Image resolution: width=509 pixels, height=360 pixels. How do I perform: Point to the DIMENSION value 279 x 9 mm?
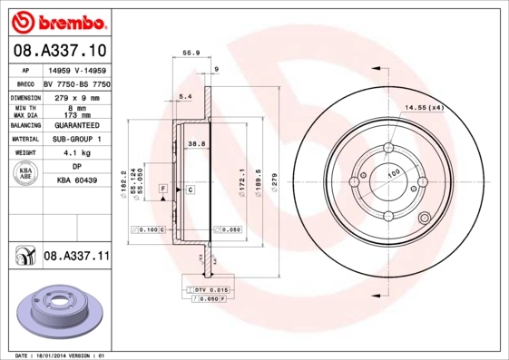[76, 96]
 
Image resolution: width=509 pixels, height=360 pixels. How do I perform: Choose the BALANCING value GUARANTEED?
[76, 125]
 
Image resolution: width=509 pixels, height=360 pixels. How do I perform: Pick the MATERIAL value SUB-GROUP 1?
[76, 140]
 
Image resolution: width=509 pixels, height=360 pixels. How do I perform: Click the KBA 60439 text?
[76, 181]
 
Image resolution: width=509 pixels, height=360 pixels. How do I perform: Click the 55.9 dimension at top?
[191, 54]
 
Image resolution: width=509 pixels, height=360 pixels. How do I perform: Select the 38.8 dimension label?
[195, 144]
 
